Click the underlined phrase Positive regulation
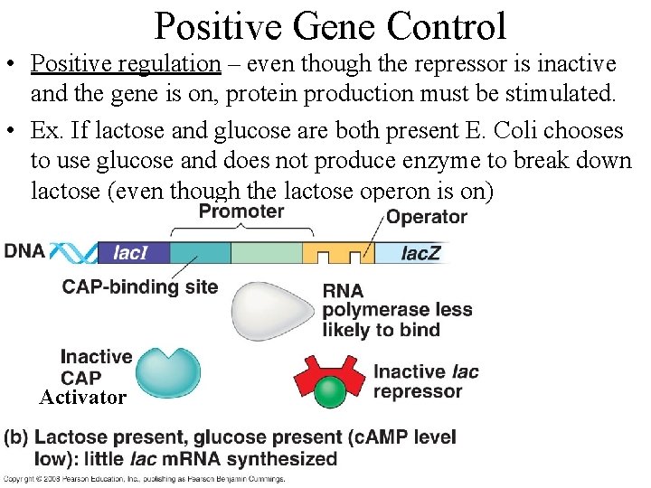(126, 64)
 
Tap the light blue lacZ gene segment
(412, 253)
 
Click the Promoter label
(241, 212)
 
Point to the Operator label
(426, 217)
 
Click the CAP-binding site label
(140, 287)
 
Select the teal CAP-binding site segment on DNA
(200, 252)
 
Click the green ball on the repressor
(331, 391)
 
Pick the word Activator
(82, 398)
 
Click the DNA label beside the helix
(24, 250)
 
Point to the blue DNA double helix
(71, 252)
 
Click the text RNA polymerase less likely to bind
(397, 310)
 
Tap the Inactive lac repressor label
(426, 381)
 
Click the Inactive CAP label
(96, 367)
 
